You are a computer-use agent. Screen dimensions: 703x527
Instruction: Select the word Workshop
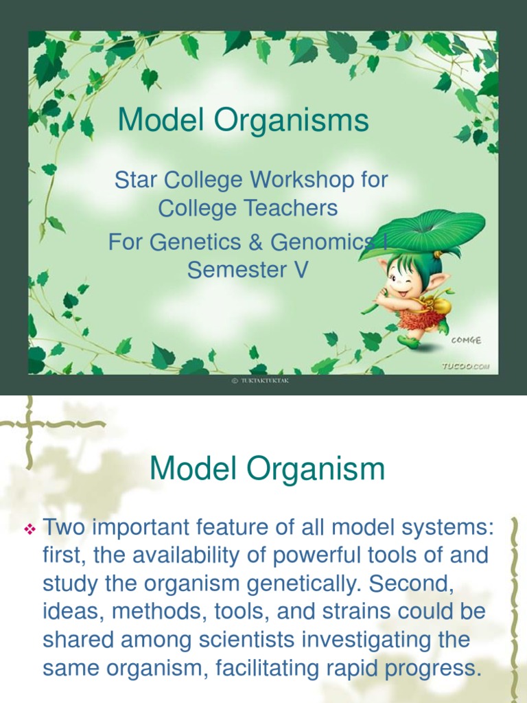(301, 181)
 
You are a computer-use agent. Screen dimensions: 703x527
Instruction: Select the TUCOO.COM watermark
(465, 367)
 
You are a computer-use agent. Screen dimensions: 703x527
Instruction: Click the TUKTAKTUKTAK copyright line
(260, 381)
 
